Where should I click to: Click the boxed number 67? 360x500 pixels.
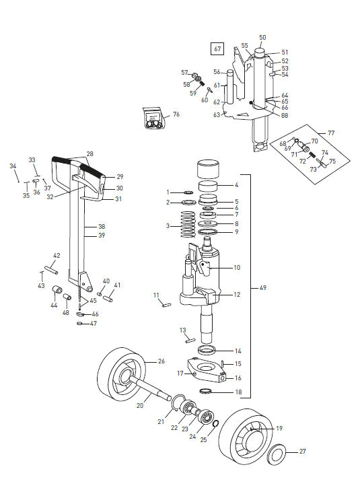pyautogui.click(x=217, y=49)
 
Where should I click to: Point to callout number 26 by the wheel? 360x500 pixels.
pyautogui.click(x=161, y=361)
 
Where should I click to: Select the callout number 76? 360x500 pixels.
pyautogui.click(x=176, y=115)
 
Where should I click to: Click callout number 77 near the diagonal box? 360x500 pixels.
pyautogui.click(x=331, y=133)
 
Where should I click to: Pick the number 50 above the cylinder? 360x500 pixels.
pyautogui.click(x=262, y=38)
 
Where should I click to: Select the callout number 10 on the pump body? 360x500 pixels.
pyautogui.click(x=236, y=268)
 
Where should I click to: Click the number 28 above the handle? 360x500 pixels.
pyautogui.click(x=89, y=153)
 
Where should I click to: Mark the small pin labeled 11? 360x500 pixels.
pyautogui.click(x=167, y=303)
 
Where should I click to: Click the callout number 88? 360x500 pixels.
pyautogui.click(x=285, y=116)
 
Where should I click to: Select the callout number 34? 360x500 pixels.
pyautogui.click(x=12, y=165)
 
